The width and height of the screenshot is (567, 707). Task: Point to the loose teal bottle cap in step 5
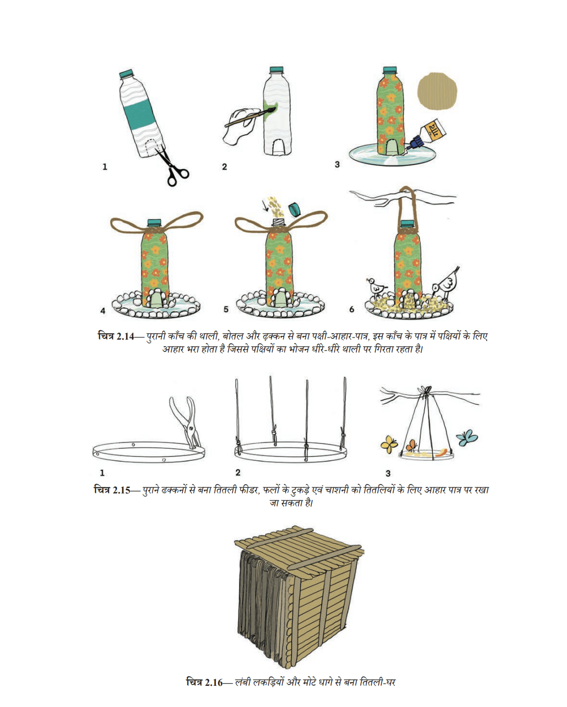[295, 209]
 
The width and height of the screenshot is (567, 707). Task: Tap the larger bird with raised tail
[446, 283]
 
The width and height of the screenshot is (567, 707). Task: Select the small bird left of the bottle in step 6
[375, 287]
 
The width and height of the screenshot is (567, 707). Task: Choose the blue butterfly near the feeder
[467, 437]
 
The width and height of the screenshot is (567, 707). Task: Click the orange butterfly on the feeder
[411, 446]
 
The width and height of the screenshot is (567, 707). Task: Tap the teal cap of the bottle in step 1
[127, 73]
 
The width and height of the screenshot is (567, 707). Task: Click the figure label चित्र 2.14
[116, 336]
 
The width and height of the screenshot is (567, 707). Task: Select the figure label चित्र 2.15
[112, 490]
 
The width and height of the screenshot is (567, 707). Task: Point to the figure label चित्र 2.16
[205, 683]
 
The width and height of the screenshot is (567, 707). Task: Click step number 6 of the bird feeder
[351, 309]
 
